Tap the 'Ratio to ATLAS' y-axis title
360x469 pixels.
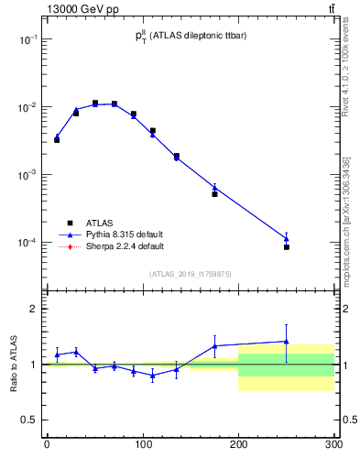point(14,365)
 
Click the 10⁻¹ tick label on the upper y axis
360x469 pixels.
point(27,39)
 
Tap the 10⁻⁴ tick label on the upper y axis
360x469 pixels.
point(27,243)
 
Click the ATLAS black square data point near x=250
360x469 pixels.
point(287,247)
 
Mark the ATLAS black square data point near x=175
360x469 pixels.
point(214,194)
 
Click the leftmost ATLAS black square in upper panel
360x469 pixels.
point(57,140)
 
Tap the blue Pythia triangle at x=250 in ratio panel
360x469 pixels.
point(287,342)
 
